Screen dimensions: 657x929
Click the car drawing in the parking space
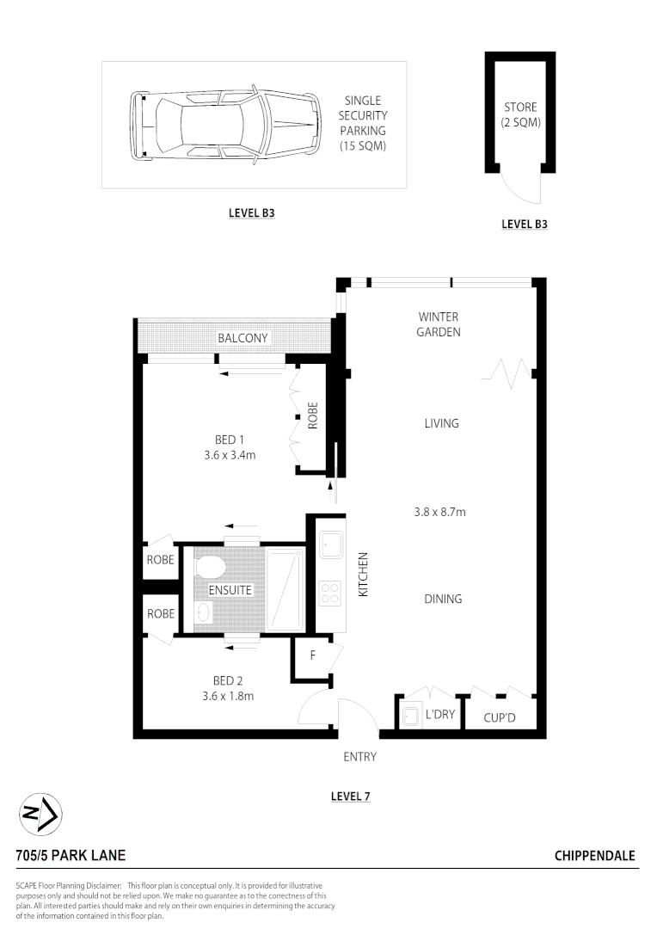[225, 125]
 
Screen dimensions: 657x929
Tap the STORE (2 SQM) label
[521, 115]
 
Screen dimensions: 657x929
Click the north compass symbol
[41, 814]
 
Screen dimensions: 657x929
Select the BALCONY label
[243, 338]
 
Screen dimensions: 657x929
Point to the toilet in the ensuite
[211, 568]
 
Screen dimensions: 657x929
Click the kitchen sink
[330, 544]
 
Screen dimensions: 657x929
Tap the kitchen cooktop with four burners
[330, 594]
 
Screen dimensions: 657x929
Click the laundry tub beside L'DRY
[410, 716]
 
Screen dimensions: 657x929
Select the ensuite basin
[203, 612]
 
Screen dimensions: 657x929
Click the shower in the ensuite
[285, 590]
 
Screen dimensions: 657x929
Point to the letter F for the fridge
[313, 655]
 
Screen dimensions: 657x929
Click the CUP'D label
[500, 717]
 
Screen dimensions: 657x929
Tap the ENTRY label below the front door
[359, 757]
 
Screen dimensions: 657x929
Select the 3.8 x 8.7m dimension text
[439, 512]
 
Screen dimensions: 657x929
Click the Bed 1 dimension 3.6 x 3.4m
[230, 455]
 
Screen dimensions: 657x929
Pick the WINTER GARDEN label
[439, 324]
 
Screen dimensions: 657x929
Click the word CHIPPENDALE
[595, 856]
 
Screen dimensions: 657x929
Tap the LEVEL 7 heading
[350, 797]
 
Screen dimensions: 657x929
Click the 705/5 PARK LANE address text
[71, 856]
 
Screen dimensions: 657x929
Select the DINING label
[443, 599]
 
